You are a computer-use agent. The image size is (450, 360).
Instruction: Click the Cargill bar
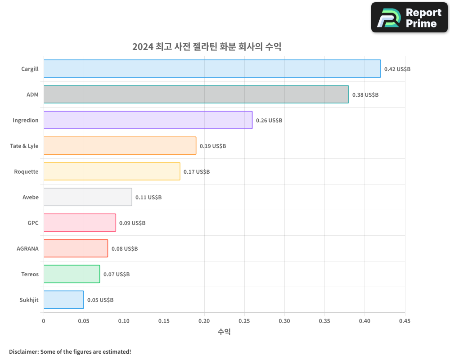tap(212, 69)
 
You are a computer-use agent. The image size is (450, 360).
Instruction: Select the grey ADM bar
tap(196, 94)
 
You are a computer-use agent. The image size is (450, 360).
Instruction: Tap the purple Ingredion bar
tap(148, 120)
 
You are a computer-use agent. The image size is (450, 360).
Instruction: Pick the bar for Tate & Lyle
tap(120, 146)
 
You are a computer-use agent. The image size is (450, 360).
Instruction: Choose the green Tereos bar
tap(72, 274)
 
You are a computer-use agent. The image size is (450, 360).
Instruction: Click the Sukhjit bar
tap(63, 300)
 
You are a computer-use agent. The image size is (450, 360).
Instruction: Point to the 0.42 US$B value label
tap(397, 69)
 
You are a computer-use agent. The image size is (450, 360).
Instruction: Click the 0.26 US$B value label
tap(269, 121)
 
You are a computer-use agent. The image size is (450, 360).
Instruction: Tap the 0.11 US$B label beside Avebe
tap(148, 198)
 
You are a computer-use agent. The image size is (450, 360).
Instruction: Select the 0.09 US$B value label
tap(132, 223)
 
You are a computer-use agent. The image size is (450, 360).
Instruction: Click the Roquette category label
tap(26, 171)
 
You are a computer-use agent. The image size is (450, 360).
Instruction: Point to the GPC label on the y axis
tap(33, 223)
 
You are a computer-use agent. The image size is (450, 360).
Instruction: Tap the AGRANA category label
tap(27, 248)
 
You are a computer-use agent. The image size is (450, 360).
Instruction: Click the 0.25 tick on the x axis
tap(244, 321)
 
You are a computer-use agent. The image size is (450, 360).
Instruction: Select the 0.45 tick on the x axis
tap(405, 321)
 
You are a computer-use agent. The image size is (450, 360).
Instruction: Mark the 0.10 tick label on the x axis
tap(124, 321)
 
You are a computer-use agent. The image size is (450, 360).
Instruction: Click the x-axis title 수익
tap(224, 332)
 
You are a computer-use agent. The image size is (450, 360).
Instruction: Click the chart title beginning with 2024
tap(207, 47)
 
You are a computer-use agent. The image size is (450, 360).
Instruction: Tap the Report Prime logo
tap(409, 18)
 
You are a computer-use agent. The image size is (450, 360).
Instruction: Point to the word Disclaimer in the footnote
tap(23, 351)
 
